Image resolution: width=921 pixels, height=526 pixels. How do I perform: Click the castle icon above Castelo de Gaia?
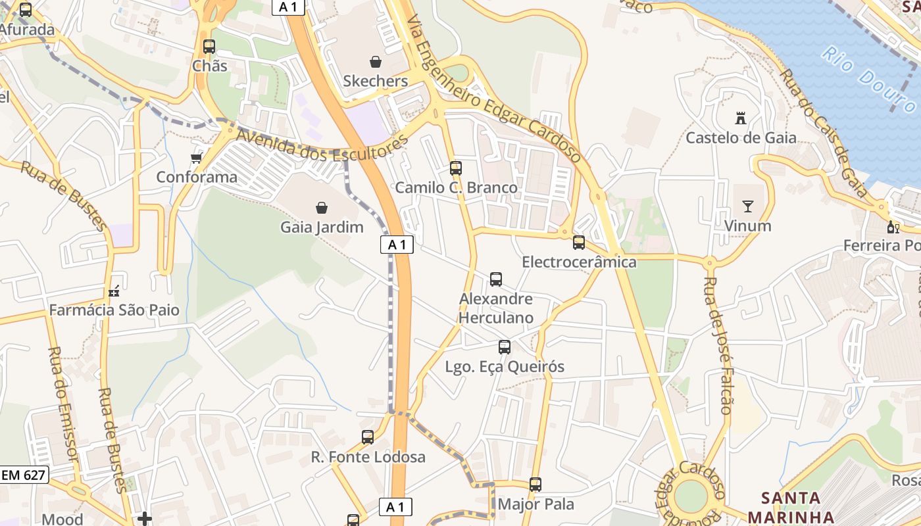pos(741,119)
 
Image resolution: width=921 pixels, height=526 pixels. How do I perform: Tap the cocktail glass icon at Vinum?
pos(747,206)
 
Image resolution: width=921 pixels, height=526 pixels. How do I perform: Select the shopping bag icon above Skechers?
pos(376,62)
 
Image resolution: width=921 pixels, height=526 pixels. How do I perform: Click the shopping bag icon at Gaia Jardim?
pos(322,208)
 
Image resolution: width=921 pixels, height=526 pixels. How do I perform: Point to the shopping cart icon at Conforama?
pos(196,158)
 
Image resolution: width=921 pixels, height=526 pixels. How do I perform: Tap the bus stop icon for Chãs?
pos(209,47)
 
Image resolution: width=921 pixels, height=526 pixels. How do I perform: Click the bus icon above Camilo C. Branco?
pos(456,168)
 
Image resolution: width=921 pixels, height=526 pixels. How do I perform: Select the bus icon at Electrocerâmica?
pos(579,243)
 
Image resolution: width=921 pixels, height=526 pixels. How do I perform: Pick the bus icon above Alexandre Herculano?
pos(496,279)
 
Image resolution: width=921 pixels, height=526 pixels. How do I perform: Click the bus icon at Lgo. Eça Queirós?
pos(505,347)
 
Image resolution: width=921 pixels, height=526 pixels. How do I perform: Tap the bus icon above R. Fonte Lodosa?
pos(368,437)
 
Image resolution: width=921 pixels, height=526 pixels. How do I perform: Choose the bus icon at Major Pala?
pos(535,485)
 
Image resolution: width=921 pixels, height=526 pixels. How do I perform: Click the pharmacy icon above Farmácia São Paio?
pos(114,291)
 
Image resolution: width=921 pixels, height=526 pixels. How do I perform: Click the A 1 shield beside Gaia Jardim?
pos(397,245)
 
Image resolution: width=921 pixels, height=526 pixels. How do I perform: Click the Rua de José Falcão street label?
pos(717,345)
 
